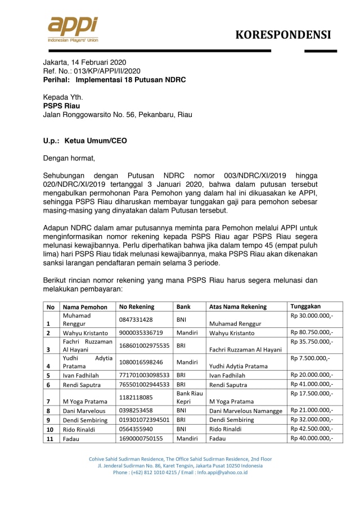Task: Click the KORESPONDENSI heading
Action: [283, 35]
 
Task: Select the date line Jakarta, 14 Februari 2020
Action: [85, 62]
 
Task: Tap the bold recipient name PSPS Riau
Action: [61, 106]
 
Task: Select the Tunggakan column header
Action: [305, 306]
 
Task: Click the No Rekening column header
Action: [137, 307]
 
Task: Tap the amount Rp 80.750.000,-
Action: [312, 332]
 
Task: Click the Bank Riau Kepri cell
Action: [190, 397]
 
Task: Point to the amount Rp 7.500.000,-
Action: [310, 358]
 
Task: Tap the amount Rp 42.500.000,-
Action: [312, 428]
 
